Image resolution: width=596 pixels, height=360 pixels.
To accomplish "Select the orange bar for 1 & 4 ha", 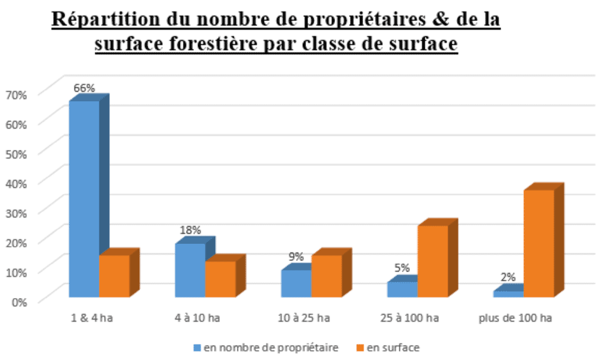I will pos(114,275).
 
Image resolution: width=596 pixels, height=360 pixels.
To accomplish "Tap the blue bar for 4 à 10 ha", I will pos(190,270).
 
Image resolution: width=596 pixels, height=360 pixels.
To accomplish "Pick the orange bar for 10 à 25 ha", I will pos(327,275).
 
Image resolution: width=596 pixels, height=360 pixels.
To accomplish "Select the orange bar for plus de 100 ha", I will pos(539,243).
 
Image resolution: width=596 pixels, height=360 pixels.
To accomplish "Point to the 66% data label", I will pos(84,88).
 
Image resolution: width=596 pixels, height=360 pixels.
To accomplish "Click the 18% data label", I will pos(190,230).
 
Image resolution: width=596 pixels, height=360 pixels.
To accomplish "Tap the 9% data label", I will pos(296,257).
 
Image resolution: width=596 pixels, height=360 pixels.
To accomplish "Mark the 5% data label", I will pos(402,268).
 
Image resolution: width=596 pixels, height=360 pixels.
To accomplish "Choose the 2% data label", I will pos(508,277).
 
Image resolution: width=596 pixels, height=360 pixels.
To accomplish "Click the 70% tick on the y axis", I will pos(16,94).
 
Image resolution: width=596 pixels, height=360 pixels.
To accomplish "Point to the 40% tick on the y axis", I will pos(16,183).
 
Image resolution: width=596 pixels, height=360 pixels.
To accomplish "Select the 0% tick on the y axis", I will pos(18,301).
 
